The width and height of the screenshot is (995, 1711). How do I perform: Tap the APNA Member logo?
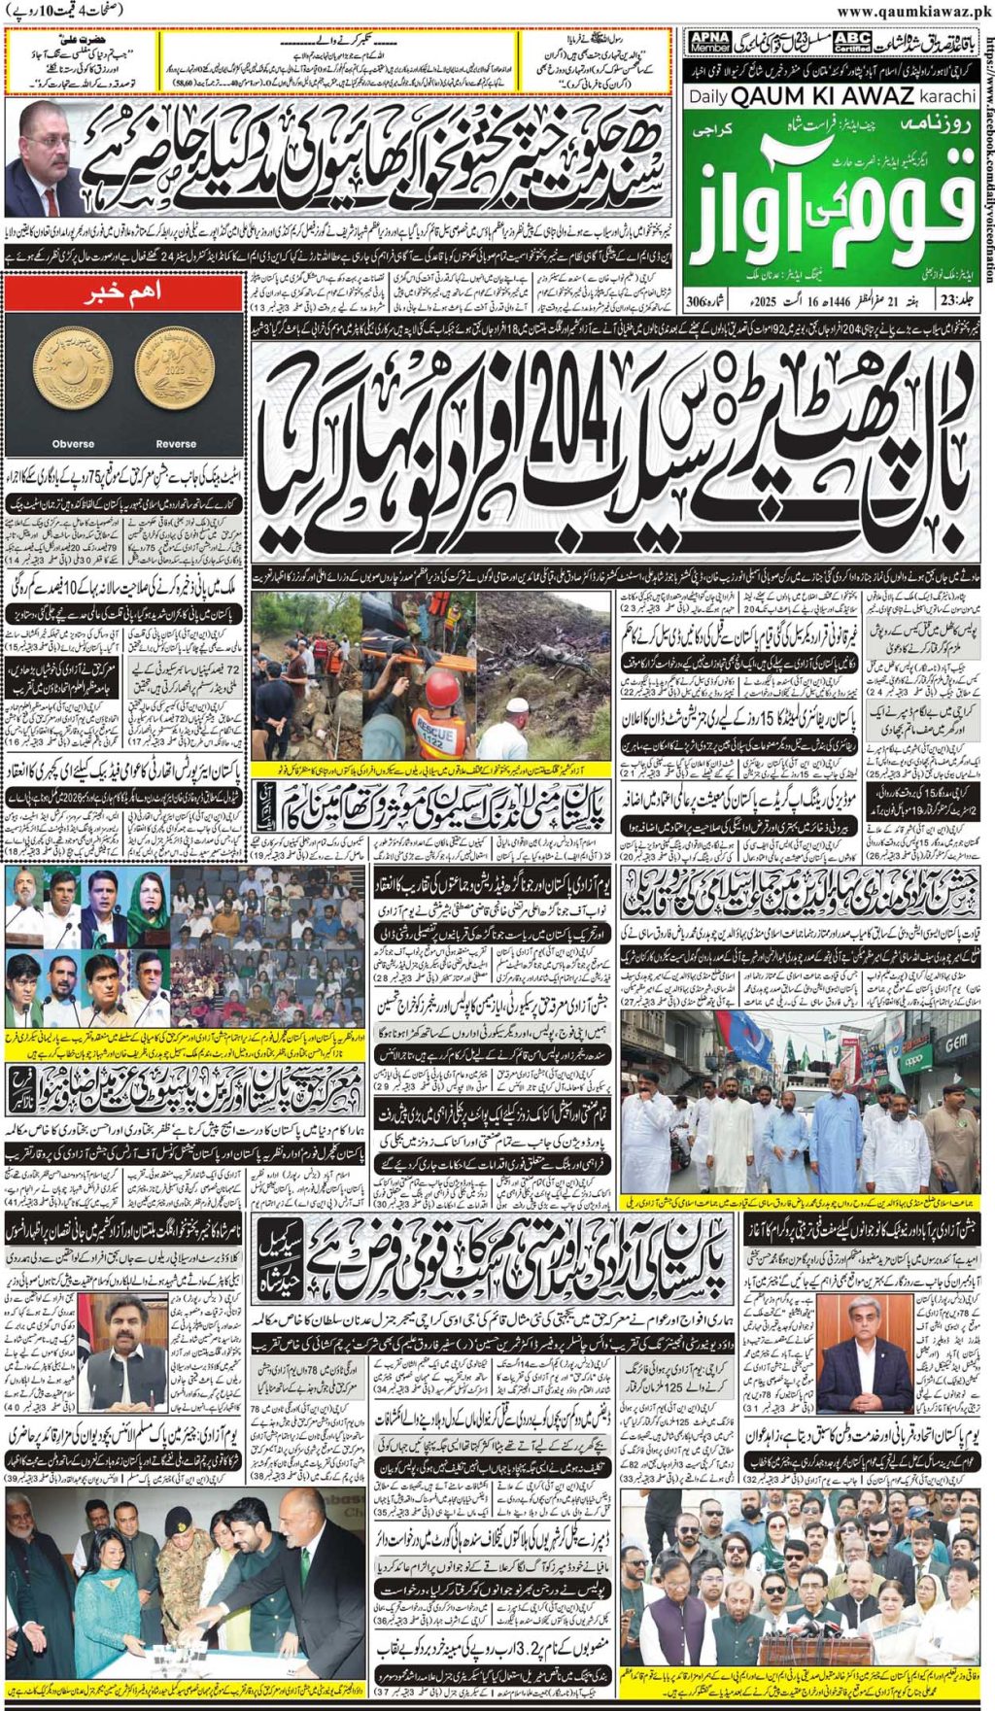point(708,42)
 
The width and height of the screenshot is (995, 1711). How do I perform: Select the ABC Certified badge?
point(852,42)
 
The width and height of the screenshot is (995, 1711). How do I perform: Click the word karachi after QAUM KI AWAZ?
point(947,96)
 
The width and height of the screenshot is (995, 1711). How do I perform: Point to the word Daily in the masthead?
point(708,97)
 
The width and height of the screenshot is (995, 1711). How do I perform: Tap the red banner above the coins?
point(122,293)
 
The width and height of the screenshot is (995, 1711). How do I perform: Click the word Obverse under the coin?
point(73,444)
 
